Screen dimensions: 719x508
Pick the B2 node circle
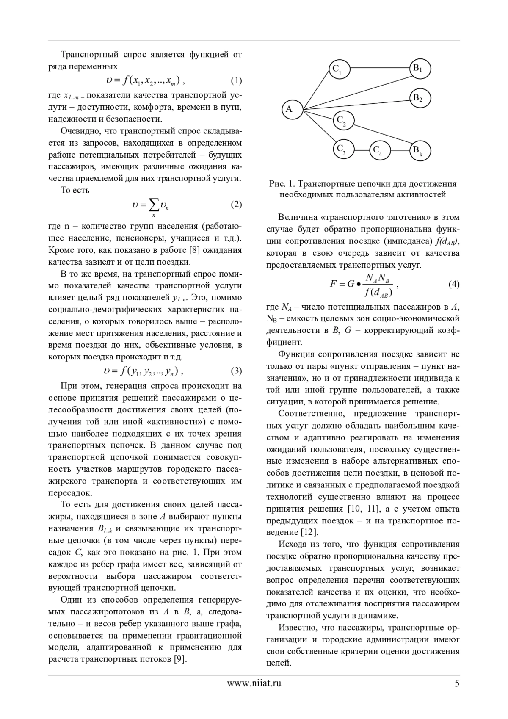(420, 98)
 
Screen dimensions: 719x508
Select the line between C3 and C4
(362, 150)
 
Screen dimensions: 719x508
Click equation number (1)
(236, 80)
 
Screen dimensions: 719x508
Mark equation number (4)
(453, 284)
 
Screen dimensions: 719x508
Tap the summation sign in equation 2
(153, 205)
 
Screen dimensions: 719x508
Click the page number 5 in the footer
(457, 683)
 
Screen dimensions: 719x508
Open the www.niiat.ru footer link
(254, 683)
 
